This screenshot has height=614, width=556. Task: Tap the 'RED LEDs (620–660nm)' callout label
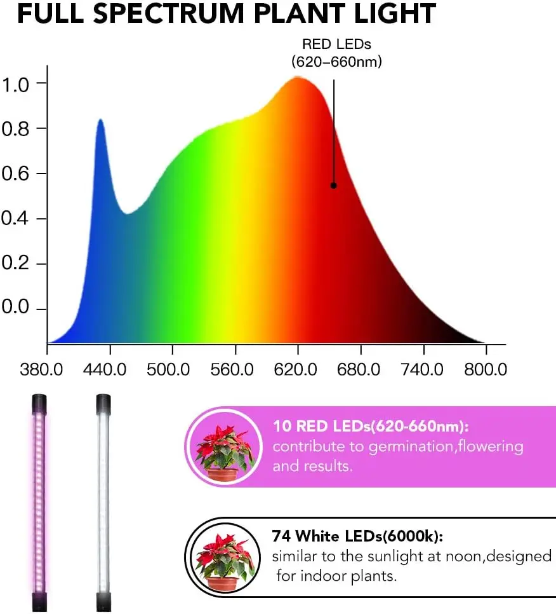(336, 53)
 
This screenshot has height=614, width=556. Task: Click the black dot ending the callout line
(333, 186)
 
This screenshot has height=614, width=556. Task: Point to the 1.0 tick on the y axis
(15, 84)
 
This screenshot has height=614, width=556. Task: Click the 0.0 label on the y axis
(15, 309)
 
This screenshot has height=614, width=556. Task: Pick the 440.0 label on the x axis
(109, 369)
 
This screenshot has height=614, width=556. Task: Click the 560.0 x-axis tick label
(235, 369)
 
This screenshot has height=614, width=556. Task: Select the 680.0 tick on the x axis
(361, 369)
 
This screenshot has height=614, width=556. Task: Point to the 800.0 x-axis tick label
(486, 369)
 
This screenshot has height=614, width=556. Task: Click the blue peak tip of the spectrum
(100, 119)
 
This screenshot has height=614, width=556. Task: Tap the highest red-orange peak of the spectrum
(297, 78)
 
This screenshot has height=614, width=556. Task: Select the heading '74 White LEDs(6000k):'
(357, 537)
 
